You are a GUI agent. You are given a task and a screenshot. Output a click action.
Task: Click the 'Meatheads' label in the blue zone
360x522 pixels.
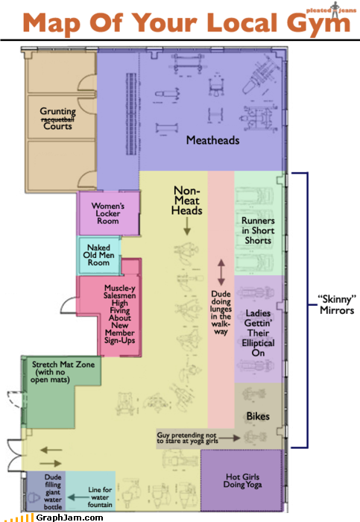point(212,140)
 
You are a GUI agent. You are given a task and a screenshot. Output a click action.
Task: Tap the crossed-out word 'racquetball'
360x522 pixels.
point(57,119)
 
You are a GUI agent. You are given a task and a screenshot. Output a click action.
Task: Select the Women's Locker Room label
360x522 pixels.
point(108,213)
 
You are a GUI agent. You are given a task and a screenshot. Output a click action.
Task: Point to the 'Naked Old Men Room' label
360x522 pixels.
point(98,255)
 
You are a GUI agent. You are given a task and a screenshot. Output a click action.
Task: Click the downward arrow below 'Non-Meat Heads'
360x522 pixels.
point(187,226)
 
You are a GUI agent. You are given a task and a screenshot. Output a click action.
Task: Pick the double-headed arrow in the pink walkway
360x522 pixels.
point(221,272)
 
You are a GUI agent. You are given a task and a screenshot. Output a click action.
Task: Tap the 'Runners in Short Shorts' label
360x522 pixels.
point(258,230)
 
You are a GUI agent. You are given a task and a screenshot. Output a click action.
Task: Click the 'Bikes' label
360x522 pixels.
point(258,416)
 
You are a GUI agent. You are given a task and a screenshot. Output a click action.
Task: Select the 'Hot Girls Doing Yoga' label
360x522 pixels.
point(242,481)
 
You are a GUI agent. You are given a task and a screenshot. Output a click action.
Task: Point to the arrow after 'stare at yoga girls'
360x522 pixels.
point(230,438)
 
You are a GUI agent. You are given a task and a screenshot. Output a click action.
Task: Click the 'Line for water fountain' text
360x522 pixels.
point(100,497)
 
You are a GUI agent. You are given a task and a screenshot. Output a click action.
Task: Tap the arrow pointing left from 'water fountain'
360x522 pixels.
point(78,497)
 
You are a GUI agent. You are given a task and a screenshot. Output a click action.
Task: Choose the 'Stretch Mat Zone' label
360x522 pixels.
point(63,365)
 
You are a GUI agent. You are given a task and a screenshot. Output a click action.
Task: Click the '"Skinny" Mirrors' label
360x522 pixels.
point(337,304)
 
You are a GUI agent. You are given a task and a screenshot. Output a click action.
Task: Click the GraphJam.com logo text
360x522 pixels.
point(69,518)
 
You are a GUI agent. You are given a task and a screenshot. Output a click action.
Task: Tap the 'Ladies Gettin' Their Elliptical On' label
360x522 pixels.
point(258,333)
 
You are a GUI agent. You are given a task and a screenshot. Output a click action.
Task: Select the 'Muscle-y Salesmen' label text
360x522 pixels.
point(119,292)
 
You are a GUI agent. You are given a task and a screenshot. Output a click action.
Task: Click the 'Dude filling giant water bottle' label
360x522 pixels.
point(53,491)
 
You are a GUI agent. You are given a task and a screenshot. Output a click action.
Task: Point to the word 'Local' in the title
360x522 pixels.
point(241,22)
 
